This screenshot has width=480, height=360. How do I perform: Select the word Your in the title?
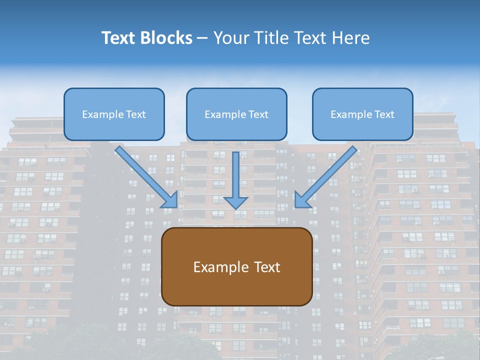click(x=230, y=38)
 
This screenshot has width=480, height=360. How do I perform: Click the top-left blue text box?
click(x=114, y=114)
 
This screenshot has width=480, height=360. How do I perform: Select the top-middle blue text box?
click(x=236, y=114)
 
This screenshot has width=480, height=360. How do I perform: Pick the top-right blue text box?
click(x=362, y=114)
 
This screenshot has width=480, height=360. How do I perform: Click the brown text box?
click(x=236, y=267)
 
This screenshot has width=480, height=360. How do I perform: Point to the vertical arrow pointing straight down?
click(x=236, y=180)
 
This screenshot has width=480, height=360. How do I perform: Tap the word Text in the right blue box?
click(x=384, y=114)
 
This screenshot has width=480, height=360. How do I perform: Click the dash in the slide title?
click(x=202, y=38)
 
